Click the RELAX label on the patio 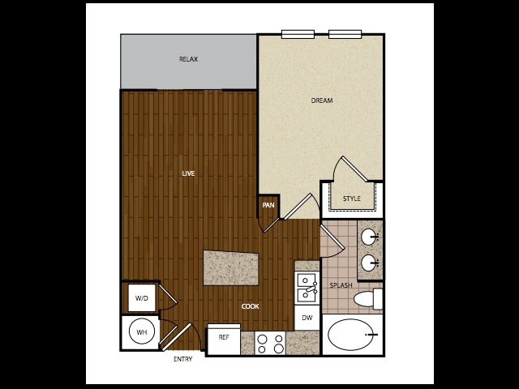[x=188, y=59]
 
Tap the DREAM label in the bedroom [x=322, y=100]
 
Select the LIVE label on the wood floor [x=188, y=173]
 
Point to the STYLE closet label [x=351, y=199]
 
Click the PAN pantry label [x=268, y=206]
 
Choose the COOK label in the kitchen [x=250, y=306]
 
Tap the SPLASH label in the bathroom [x=341, y=285]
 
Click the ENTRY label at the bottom [x=183, y=359]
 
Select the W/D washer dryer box [x=141, y=298]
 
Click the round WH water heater [x=140, y=332]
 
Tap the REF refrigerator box [x=224, y=337]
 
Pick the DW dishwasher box [x=307, y=318]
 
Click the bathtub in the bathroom [x=352, y=334]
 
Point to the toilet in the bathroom [x=369, y=299]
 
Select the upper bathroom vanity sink [x=369, y=237]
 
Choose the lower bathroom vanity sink [x=369, y=263]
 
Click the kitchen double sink [x=307, y=287]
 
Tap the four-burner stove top [x=270, y=344]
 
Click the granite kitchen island [x=232, y=267]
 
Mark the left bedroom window [x=298, y=34]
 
